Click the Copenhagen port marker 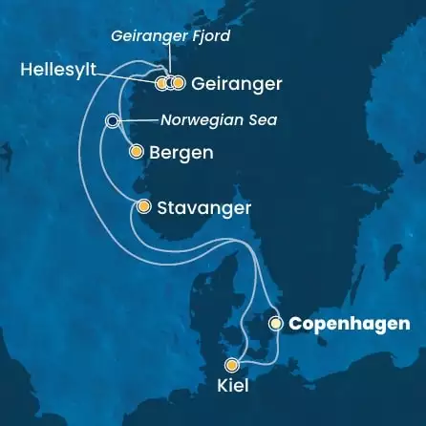pyautogui.click(x=276, y=324)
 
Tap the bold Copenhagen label pyautogui.click(x=349, y=324)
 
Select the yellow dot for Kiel pyautogui.click(x=231, y=365)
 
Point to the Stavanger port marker pyautogui.click(x=143, y=206)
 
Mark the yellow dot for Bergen pyautogui.click(x=136, y=152)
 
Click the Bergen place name pyautogui.click(x=181, y=152)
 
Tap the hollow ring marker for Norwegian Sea pyautogui.click(x=113, y=121)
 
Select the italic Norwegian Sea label pyautogui.click(x=209, y=121)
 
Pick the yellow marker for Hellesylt pyautogui.click(x=160, y=83)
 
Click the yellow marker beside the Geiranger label pyautogui.click(x=178, y=83)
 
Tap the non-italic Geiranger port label pyautogui.click(x=236, y=84)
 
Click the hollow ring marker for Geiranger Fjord pyautogui.click(x=169, y=83)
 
